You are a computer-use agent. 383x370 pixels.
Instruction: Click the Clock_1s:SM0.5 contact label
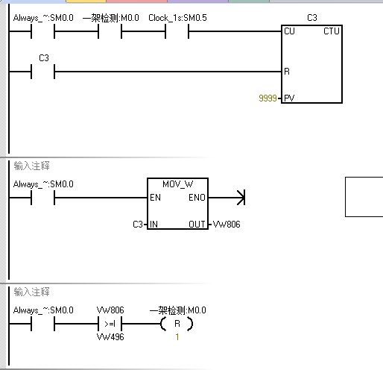pos(177,18)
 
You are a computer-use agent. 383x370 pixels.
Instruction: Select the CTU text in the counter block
pos(332,31)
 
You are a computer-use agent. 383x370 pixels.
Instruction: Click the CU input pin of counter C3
pos(289,31)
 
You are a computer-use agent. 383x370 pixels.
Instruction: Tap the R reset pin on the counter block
pos(287,72)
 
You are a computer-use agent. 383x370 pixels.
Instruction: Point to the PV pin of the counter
pos(289,98)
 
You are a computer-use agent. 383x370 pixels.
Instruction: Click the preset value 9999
pos(268,98)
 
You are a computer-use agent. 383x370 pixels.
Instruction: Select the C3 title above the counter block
pos(312,18)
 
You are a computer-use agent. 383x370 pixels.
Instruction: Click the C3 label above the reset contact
pos(44,58)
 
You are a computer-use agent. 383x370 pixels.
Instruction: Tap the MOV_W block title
pos(177,184)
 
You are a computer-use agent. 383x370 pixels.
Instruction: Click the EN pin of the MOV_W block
pos(155,198)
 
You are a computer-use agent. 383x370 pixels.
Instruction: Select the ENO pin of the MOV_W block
pos(197,198)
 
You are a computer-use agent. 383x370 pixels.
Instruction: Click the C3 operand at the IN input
pos(138,225)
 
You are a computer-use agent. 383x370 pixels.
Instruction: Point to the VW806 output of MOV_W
pos(227,225)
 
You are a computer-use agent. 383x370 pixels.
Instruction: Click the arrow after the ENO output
pos(227,198)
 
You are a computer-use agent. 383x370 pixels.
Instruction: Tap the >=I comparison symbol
pos(110,324)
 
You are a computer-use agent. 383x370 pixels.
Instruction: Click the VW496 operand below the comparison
pos(110,337)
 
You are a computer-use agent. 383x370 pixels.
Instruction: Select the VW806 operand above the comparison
pos(110,310)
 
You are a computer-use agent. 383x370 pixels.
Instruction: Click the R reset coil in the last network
pos(177,324)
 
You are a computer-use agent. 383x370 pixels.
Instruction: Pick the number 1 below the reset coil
pos(177,337)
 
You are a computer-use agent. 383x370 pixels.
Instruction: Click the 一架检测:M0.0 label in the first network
pos(111,18)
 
